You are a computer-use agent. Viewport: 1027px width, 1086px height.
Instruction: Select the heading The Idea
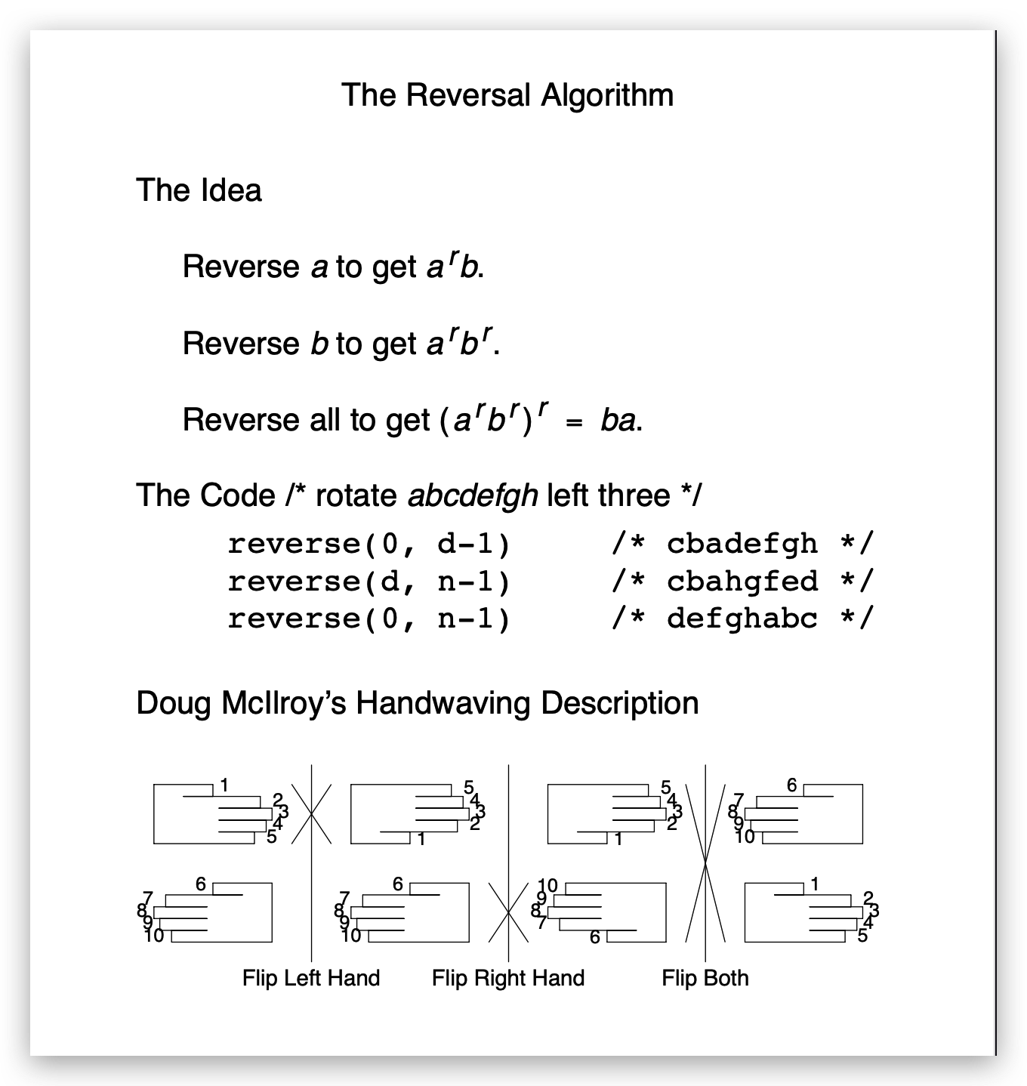[199, 190]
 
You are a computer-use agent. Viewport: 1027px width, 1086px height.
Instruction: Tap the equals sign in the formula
[575, 423]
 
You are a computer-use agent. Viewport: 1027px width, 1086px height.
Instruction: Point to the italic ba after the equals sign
[618, 421]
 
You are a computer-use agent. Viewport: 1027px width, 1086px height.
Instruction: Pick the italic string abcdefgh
[473, 496]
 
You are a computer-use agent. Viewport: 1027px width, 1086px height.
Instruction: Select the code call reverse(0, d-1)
[369, 544]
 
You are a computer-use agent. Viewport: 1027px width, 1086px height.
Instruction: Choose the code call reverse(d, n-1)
[369, 582]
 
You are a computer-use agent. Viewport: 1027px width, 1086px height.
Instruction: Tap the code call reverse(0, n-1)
[369, 619]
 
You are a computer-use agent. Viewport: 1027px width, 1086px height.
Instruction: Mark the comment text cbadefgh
[742, 544]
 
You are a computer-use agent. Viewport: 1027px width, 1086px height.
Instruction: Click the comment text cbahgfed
[742, 582]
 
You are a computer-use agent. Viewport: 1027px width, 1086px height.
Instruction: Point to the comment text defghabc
[742, 619]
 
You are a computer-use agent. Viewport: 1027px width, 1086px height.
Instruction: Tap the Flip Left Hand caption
[311, 979]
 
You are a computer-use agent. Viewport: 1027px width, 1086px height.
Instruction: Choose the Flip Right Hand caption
[508, 979]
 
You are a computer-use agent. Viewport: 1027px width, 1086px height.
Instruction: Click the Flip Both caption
[705, 979]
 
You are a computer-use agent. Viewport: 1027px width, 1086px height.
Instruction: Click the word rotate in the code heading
[356, 496]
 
